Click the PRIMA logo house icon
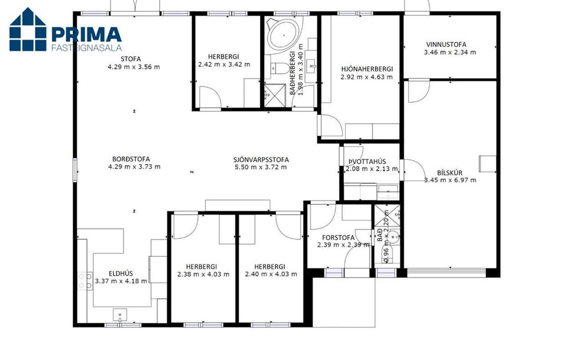tap(28, 29)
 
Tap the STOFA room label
tap(131, 58)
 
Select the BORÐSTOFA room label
tap(131, 159)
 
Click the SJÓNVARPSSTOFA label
tap(261, 159)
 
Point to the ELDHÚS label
tap(121, 273)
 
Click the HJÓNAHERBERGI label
tap(367, 68)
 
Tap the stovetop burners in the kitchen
tap(84, 281)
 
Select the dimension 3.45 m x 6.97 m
tap(450, 181)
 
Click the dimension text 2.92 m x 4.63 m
tap(367, 77)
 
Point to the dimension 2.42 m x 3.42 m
tap(224, 65)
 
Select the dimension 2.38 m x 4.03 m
tap(203, 274)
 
